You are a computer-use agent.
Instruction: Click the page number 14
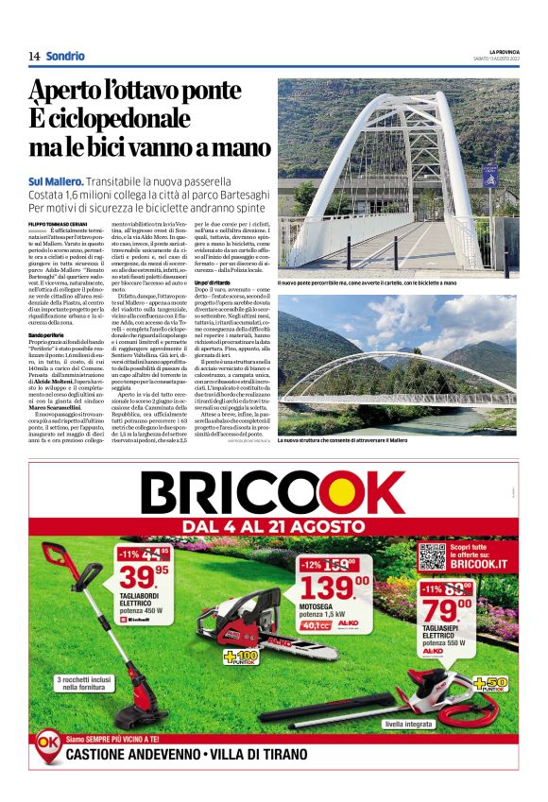tap(34, 57)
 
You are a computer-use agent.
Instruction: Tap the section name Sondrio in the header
tap(64, 57)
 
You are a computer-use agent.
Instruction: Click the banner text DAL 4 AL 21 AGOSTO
tap(274, 527)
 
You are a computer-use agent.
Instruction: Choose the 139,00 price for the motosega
tap(320, 586)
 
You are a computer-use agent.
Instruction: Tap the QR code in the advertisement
tap(432, 556)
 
